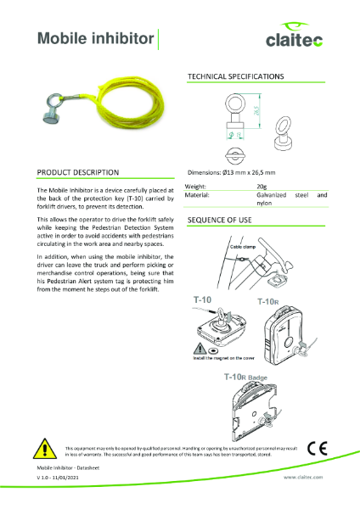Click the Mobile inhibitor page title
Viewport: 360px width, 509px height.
(96, 38)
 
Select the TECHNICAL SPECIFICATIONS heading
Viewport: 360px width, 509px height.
(235, 77)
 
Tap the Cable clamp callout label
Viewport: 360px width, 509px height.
(245, 247)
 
